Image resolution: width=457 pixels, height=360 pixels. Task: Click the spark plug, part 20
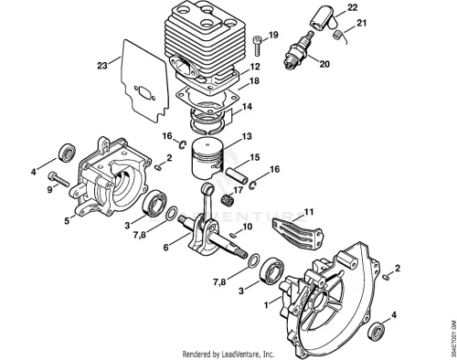click(299, 50)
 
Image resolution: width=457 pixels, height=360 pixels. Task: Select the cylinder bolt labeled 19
click(257, 46)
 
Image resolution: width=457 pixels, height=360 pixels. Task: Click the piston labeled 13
click(208, 159)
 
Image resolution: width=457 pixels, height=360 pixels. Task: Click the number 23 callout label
click(102, 65)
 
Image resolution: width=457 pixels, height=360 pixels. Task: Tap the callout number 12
click(255, 67)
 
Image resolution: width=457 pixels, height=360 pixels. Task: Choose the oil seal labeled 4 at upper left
click(67, 153)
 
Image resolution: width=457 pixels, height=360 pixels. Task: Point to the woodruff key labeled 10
click(233, 234)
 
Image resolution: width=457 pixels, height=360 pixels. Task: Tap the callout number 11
click(309, 212)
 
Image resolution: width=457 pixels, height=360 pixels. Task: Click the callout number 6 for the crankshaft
click(165, 248)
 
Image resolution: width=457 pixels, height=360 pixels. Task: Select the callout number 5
click(67, 220)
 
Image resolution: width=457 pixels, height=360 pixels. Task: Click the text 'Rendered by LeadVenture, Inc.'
click(228, 355)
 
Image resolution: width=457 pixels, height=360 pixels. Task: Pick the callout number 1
click(267, 305)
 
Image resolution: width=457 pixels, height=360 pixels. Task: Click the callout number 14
click(248, 107)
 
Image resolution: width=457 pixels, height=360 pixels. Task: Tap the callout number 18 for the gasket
click(254, 81)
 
